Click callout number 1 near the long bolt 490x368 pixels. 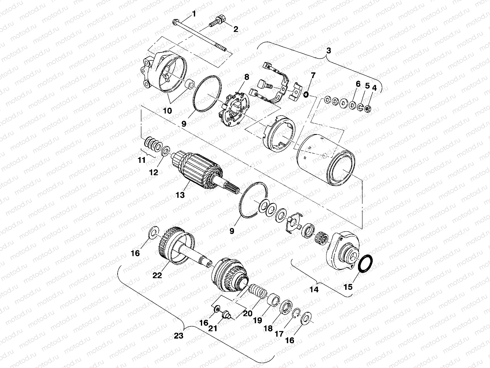(x=193, y=13)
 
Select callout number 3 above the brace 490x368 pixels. (x=328, y=51)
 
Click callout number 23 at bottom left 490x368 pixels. (x=178, y=335)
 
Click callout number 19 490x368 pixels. (x=258, y=320)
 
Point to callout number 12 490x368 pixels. (x=153, y=172)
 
